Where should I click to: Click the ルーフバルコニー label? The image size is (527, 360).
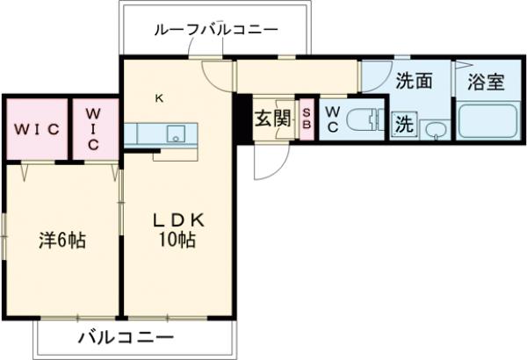point(215,30)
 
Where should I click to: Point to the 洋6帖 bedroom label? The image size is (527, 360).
point(61,240)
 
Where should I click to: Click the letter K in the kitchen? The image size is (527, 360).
point(159,98)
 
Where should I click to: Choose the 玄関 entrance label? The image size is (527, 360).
point(272,119)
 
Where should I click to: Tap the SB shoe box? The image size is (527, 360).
point(307,118)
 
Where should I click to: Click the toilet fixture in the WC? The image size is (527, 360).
point(361,119)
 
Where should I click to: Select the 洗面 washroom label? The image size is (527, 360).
point(412,81)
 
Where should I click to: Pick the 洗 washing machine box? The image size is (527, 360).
point(403,124)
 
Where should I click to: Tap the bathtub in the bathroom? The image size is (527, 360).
point(487,121)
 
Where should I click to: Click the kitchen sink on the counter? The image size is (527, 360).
point(176,133)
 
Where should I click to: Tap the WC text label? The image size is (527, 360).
point(333,119)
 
